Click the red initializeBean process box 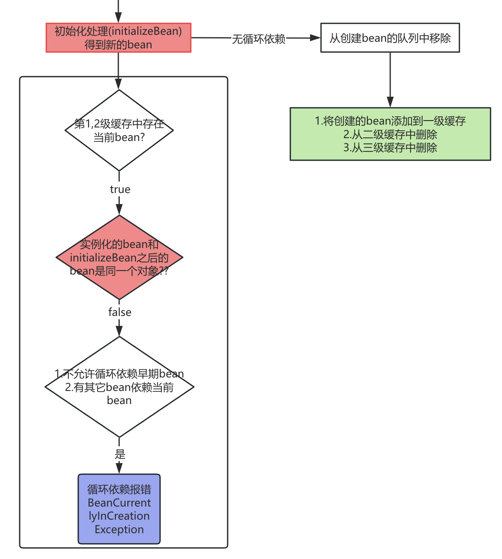[118, 38]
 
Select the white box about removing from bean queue [390, 38]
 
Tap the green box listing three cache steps [390, 134]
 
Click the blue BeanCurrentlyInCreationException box [119, 509]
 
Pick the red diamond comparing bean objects [119, 257]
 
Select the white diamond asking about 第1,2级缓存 [119, 130]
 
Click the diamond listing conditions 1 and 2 [119, 387]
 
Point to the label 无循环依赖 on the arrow [258, 39]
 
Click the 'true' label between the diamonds [120, 189]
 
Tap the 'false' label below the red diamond [120, 312]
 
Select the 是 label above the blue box [120, 454]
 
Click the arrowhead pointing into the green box [390, 102]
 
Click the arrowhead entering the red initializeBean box [118, 18]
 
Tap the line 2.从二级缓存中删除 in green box [390, 134]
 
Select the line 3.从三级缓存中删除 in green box [390, 148]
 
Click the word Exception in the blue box [119, 529]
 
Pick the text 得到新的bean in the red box [118, 45]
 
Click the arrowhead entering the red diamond [119, 210]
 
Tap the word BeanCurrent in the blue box [119, 503]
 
